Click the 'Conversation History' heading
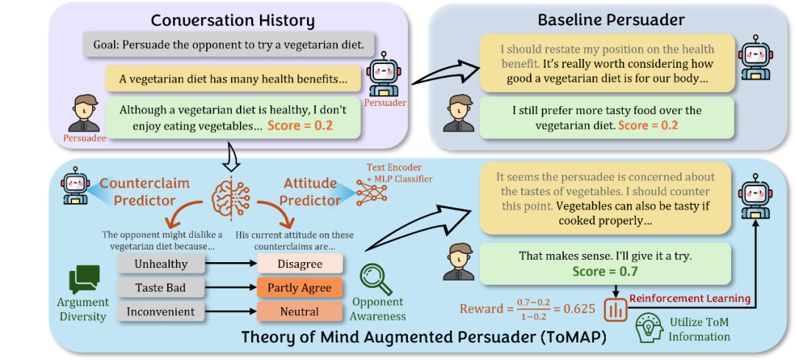[232, 20]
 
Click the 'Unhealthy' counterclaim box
[161, 264]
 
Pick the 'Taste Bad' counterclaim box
[161, 288]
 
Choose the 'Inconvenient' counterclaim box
[161, 312]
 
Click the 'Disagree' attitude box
[300, 264]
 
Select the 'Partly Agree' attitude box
[300, 288]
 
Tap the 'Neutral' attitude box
[300, 312]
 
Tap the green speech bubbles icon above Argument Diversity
[85, 280]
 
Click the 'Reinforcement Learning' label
[690, 298]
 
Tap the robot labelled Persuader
[384, 78]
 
